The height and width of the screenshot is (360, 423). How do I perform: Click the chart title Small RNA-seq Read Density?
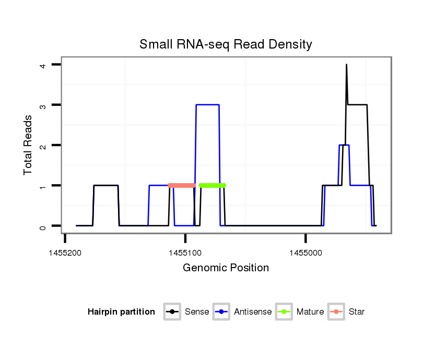click(226, 44)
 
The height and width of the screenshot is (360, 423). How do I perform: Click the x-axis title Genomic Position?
click(226, 268)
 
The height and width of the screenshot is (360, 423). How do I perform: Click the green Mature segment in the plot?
click(213, 185)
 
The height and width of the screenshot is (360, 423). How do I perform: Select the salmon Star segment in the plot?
click(182, 185)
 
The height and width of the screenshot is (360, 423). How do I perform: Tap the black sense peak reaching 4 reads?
click(346, 65)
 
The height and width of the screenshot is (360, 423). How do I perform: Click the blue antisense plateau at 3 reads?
click(207, 105)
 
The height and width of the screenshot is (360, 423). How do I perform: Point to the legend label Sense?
click(197, 312)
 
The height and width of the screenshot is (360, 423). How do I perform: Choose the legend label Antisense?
click(253, 312)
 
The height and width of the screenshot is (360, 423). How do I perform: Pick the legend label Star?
click(357, 312)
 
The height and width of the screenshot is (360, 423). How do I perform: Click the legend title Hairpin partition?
click(121, 312)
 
